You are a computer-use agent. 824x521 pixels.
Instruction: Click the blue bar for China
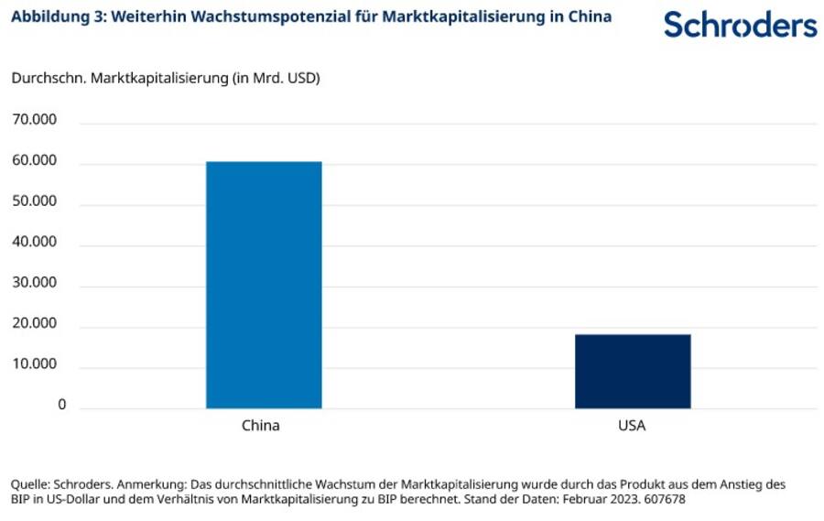pyautogui.click(x=264, y=285)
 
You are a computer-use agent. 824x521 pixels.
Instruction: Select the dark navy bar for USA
pyautogui.click(x=633, y=371)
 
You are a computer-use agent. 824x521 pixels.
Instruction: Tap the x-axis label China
pyautogui.click(x=261, y=426)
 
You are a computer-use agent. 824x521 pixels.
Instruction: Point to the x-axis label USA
pyautogui.click(x=632, y=426)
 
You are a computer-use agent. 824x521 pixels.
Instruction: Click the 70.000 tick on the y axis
pyautogui.click(x=34, y=120)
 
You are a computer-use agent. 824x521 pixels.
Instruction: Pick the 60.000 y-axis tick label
pyautogui.click(x=34, y=161)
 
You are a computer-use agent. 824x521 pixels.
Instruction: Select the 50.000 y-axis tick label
pyautogui.click(x=34, y=201)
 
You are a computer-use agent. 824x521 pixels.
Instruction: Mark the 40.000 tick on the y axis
pyautogui.click(x=34, y=243)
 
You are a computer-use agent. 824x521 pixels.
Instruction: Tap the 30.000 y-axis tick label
pyautogui.click(x=34, y=283)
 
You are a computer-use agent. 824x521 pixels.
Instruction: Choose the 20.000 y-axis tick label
pyautogui.click(x=34, y=324)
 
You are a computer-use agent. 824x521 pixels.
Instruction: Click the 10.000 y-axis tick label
pyautogui.click(x=34, y=364)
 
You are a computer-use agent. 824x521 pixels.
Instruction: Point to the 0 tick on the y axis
pyautogui.click(x=62, y=405)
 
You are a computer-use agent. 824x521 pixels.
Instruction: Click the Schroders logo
pyautogui.click(x=740, y=25)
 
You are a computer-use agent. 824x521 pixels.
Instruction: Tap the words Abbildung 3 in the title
pyautogui.click(x=53, y=16)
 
